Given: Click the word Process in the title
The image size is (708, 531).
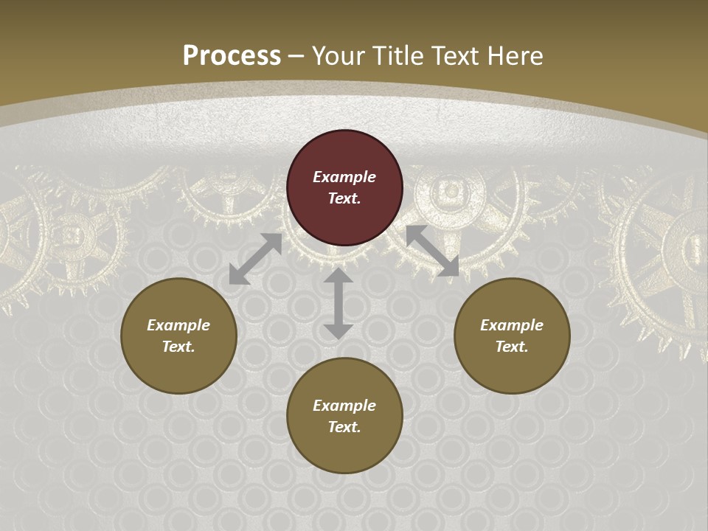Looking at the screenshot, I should point(232,56).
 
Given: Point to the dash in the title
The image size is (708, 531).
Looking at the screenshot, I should point(296,57).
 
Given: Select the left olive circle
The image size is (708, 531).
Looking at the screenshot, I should point(178,336).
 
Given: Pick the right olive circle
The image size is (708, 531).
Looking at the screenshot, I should point(512,336).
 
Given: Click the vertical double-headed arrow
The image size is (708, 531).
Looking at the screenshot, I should point(338,303).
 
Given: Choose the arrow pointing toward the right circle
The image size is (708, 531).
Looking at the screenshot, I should point(432,251).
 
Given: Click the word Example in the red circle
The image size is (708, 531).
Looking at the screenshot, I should point(344,177).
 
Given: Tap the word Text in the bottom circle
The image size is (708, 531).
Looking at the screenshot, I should point(344,427).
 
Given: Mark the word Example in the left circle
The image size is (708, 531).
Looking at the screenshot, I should point(178,325).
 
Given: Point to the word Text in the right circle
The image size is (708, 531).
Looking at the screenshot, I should point(512,347).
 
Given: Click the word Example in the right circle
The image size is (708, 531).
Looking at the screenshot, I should point(512,325).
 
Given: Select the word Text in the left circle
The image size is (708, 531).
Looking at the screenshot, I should point(178,347).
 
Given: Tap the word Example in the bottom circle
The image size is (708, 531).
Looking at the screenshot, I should point(344,406).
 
